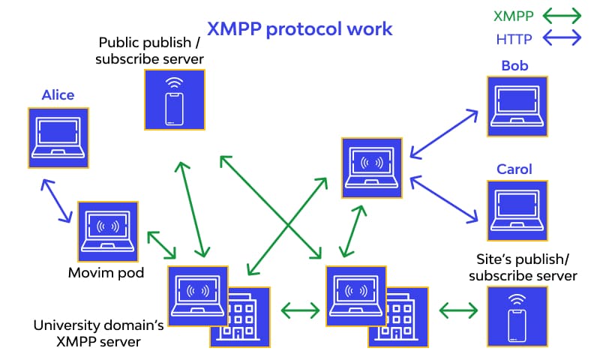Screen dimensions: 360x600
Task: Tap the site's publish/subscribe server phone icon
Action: [517, 316]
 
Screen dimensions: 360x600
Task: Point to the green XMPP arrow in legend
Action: [561, 15]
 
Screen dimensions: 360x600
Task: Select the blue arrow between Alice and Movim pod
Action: [57, 201]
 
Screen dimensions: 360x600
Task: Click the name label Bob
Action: [514, 66]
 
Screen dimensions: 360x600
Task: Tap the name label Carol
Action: [514, 169]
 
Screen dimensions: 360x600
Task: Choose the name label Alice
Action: [58, 95]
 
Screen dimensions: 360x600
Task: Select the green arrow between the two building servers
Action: [298, 308]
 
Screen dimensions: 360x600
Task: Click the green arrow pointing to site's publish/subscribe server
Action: [458, 309]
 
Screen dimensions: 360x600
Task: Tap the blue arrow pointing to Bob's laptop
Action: [443, 133]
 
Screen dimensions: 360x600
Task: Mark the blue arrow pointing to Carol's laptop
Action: [443, 199]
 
